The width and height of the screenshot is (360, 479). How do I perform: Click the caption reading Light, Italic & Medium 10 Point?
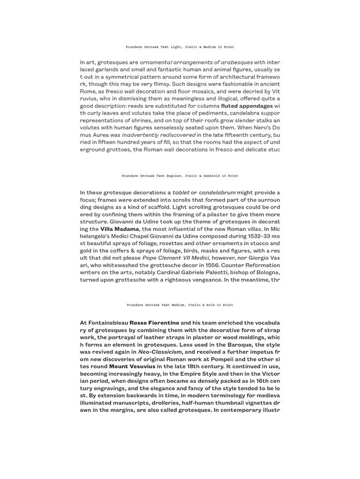(x=180, y=46)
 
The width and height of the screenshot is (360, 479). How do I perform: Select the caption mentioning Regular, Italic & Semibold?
(x=180, y=175)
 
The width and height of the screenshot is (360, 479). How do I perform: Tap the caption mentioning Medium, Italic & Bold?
(x=180, y=304)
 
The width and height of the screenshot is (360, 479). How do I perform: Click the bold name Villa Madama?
(x=115, y=230)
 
